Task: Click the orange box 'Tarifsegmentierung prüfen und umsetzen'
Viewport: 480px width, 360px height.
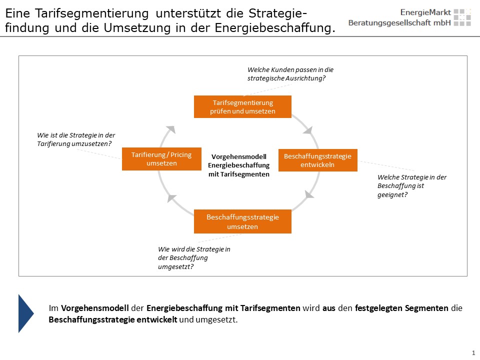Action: pos(242,107)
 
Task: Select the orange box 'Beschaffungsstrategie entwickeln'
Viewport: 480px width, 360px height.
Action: pos(318,160)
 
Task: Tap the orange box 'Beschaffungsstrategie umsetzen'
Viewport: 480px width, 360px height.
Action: pos(242,221)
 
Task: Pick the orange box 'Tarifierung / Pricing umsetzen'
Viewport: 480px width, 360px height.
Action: pos(161,159)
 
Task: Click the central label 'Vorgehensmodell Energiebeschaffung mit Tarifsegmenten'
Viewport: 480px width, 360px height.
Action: pos(239,165)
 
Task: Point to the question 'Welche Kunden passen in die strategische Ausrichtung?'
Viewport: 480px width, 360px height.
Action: pos(290,74)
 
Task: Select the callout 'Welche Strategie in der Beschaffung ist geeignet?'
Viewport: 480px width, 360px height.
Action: pos(411,186)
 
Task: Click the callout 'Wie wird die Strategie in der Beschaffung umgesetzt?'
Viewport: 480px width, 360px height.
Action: pos(194,258)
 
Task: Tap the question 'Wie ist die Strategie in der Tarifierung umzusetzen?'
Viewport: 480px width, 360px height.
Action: pos(76,139)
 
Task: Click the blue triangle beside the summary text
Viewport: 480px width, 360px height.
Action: pos(25,313)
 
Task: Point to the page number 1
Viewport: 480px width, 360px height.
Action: pos(473,352)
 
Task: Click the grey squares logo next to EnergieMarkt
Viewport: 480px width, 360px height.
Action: pos(462,17)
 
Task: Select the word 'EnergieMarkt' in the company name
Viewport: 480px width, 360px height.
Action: pos(425,12)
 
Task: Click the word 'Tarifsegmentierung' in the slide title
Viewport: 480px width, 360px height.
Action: pos(92,14)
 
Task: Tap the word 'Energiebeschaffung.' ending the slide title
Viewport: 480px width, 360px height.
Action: pos(275,28)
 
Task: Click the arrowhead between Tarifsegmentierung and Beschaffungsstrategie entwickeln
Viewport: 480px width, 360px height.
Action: pos(308,130)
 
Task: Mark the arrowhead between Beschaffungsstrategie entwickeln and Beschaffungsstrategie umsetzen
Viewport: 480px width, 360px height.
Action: pos(309,194)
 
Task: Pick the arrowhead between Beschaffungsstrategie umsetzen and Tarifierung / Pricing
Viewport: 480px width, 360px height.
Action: pos(171,198)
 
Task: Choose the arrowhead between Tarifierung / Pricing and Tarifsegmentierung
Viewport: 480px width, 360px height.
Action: pos(171,129)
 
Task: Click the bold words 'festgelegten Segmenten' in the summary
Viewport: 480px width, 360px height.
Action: pos(401,308)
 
